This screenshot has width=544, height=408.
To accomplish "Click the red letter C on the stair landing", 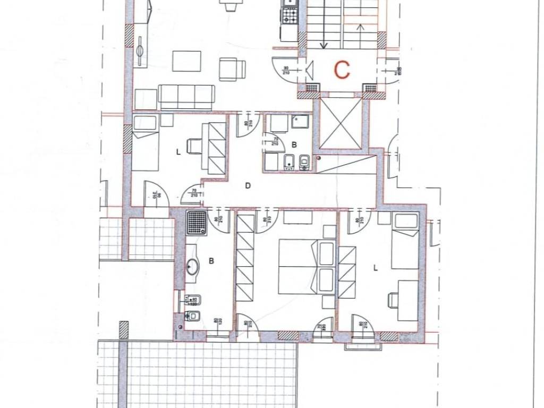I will [x=342, y=69].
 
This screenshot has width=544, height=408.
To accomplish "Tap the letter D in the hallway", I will [x=248, y=185].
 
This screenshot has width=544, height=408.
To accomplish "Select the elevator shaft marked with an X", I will [x=342, y=123].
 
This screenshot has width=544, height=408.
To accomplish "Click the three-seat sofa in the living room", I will [x=187, y=97].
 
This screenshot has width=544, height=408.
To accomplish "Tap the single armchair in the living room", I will [x=232, y=69].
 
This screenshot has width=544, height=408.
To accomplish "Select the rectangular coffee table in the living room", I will [x=186, y=61].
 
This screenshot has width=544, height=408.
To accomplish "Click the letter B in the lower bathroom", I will [x=211, y=261].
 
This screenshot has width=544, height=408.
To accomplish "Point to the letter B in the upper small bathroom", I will [x=294, y=144].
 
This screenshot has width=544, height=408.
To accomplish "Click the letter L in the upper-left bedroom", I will [x=177, y=151].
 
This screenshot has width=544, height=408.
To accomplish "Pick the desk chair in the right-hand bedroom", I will [x=394, y=300].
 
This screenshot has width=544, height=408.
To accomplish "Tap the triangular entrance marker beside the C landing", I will [x=311, y=69].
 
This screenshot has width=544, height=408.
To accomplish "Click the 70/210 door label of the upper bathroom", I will [x=275, y=141].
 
